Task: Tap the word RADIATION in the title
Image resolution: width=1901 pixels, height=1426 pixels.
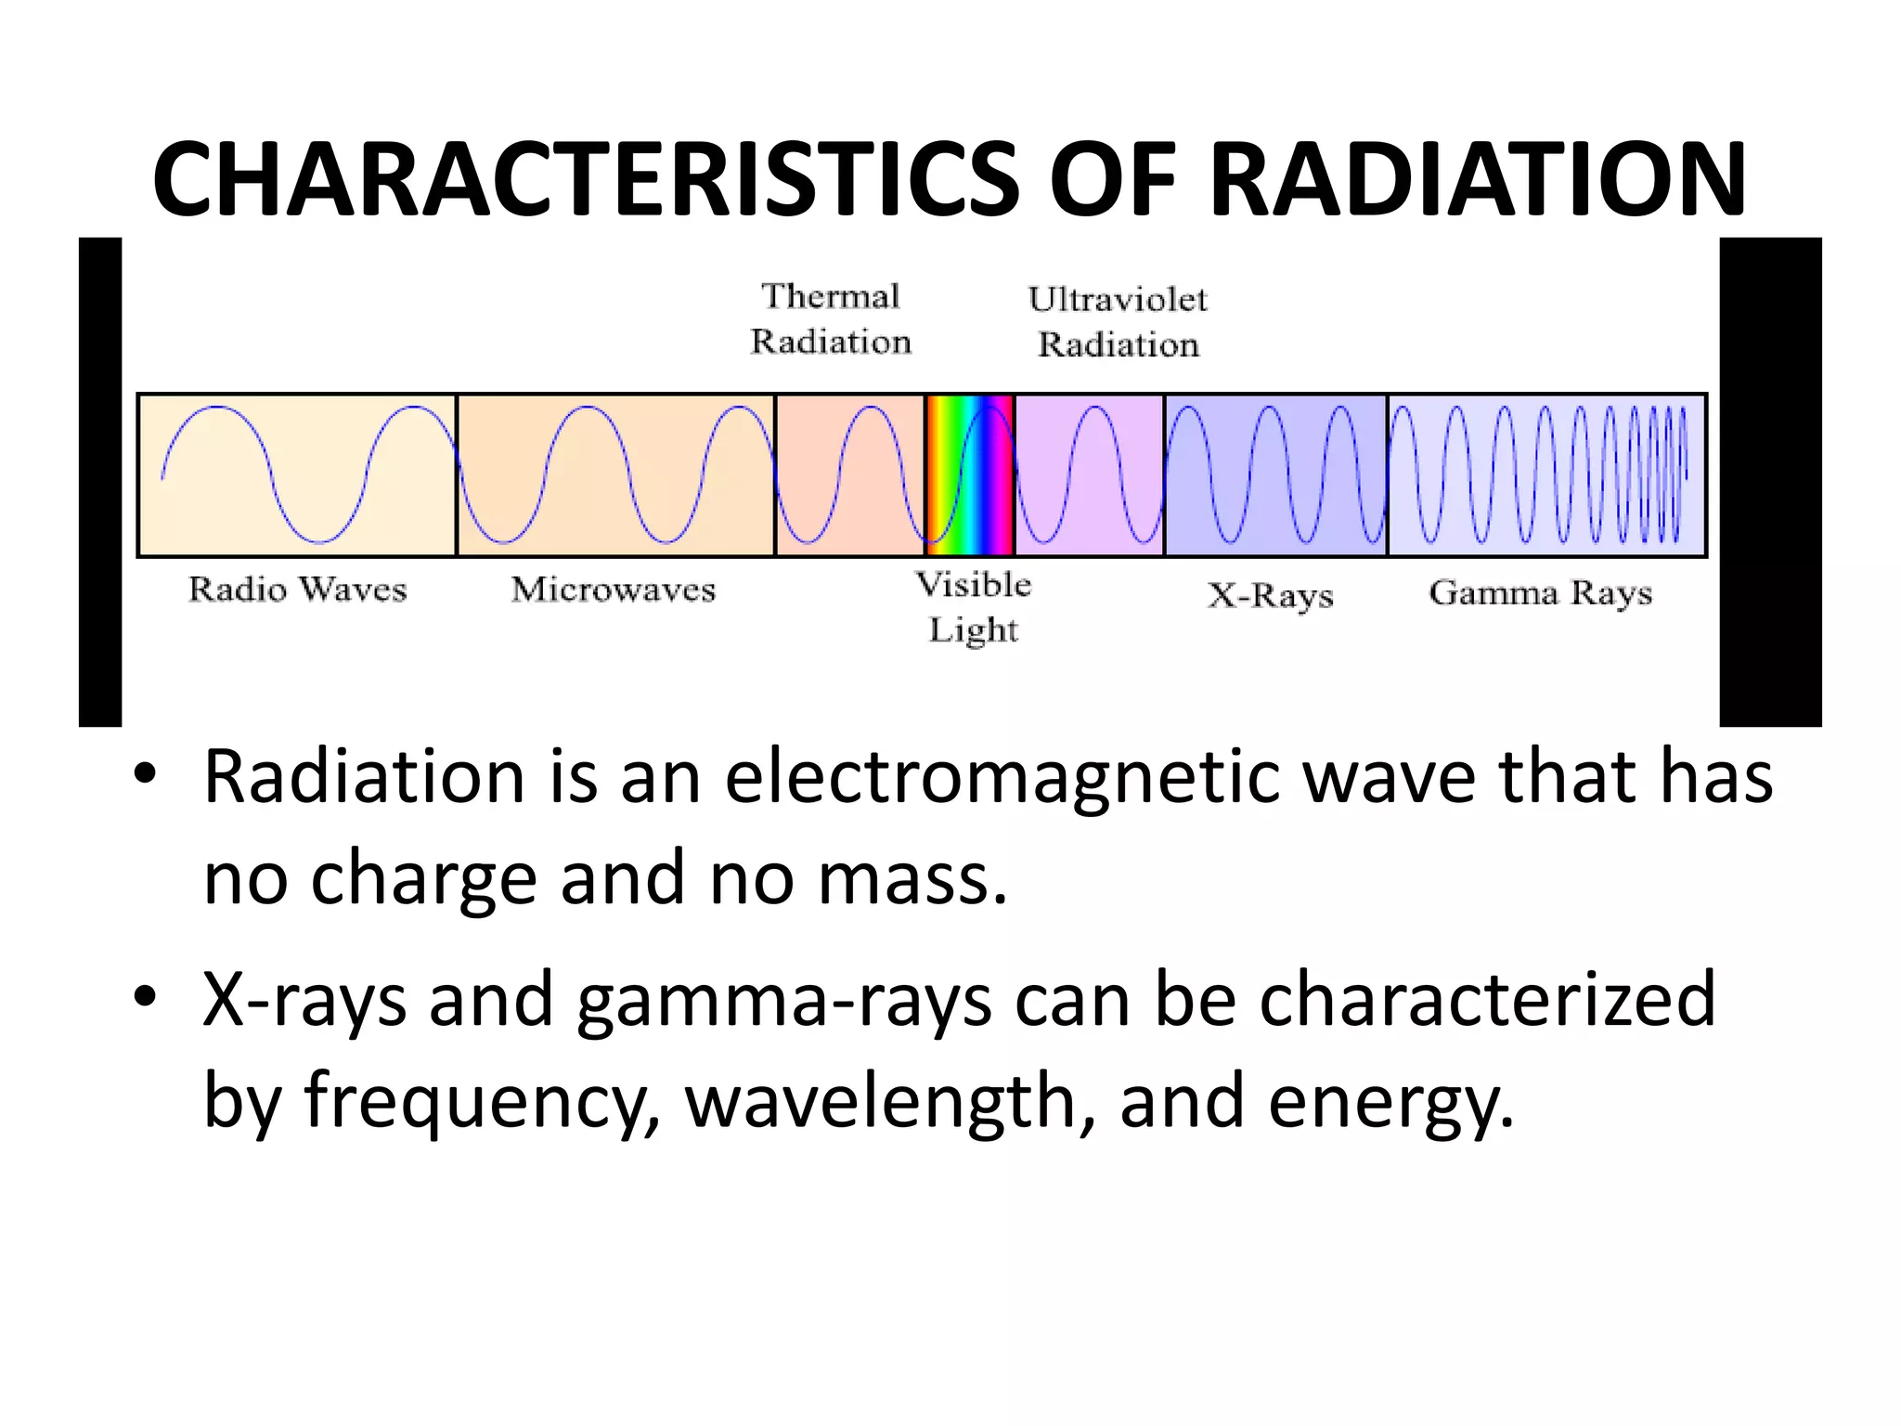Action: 1478,179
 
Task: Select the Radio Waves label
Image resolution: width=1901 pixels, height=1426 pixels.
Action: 297,590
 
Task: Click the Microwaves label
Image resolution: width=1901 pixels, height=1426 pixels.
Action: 614,590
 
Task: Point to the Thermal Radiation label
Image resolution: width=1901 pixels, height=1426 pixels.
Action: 831,318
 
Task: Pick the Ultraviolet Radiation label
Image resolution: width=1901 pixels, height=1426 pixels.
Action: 1118,321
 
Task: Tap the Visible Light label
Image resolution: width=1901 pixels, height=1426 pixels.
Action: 974,606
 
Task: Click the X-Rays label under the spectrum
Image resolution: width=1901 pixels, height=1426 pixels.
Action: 1270,594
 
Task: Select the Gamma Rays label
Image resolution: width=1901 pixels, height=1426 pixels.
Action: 1541,592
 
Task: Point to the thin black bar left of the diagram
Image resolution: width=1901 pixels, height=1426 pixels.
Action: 100,482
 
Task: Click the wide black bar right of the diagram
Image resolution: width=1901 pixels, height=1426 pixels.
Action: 1770,482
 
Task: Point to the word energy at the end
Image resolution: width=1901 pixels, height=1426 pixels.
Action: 1390,1103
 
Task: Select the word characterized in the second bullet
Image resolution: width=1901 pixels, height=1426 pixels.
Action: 1487,999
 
